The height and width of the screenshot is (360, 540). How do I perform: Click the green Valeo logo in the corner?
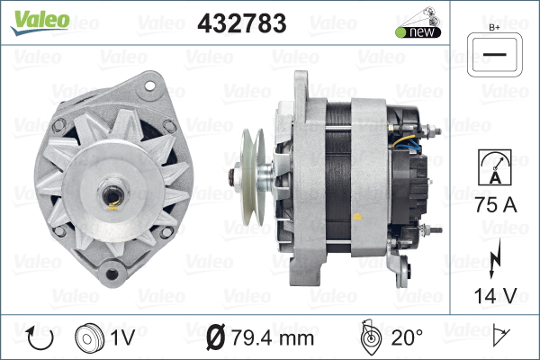coord(40,22)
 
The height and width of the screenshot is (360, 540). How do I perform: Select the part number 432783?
coord(242,23)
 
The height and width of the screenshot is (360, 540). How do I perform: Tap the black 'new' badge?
coord(418,32)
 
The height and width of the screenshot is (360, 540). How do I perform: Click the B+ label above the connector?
coord(494,28)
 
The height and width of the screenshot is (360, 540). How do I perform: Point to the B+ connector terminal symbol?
coord(494,55)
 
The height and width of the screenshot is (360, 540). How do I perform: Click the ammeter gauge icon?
coord(494,167)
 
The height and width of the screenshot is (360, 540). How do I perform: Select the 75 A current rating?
coord(496,204)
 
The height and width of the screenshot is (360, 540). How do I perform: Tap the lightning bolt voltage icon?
coord(494,258)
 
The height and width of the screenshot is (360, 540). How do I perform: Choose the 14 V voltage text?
coord(496,295)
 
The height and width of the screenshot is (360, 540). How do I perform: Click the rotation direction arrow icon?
coord(40,337)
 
